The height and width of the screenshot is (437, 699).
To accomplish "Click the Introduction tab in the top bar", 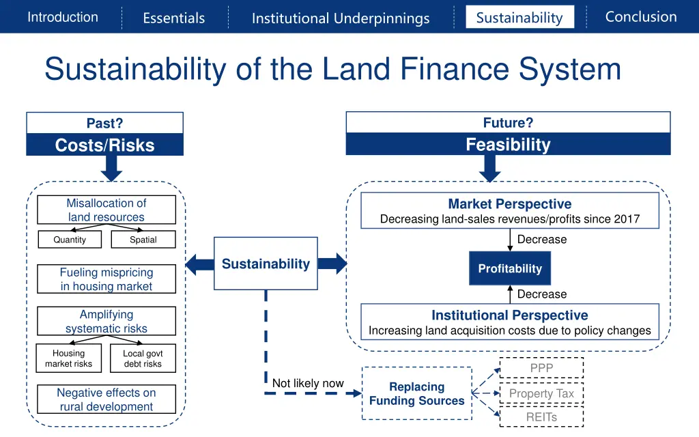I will (x=63, y=17).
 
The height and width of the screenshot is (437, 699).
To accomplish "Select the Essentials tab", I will (x=173, y=18).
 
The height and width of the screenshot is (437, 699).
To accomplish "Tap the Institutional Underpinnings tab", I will (x=341, y=18).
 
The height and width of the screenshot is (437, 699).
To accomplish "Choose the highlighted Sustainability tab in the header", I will (x=519, y=17).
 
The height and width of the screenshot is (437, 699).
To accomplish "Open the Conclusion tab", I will (x=641, y=17).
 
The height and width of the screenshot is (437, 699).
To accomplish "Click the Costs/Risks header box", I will (x=105, y=145).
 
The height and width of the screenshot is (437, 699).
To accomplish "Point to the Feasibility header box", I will (x=508, y=144).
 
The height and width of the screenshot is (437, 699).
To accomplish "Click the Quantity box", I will (x=70, y=240).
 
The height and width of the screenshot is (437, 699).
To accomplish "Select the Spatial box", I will (x=143, y=240).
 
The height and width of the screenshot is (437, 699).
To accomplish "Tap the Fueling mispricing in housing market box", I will (x=106, y=279).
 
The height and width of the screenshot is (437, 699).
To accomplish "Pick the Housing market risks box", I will (x=69, y=358).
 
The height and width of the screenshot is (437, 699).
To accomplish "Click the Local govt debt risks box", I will (x=143, y=358).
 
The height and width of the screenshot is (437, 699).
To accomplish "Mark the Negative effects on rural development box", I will (x=106, y=399).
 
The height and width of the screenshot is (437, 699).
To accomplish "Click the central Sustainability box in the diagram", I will (x=266, y=264).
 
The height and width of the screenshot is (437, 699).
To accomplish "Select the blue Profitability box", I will (x=510, y=268).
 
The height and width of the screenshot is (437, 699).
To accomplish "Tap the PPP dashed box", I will (x=541, y=368).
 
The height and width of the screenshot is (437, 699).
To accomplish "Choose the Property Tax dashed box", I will (x=541, y=393).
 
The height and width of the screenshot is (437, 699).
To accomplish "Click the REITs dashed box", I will (x=541, y=417).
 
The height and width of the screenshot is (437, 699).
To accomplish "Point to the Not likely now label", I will (x=308, y=383).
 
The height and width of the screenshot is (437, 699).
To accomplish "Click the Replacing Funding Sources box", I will (x=416, y=394).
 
